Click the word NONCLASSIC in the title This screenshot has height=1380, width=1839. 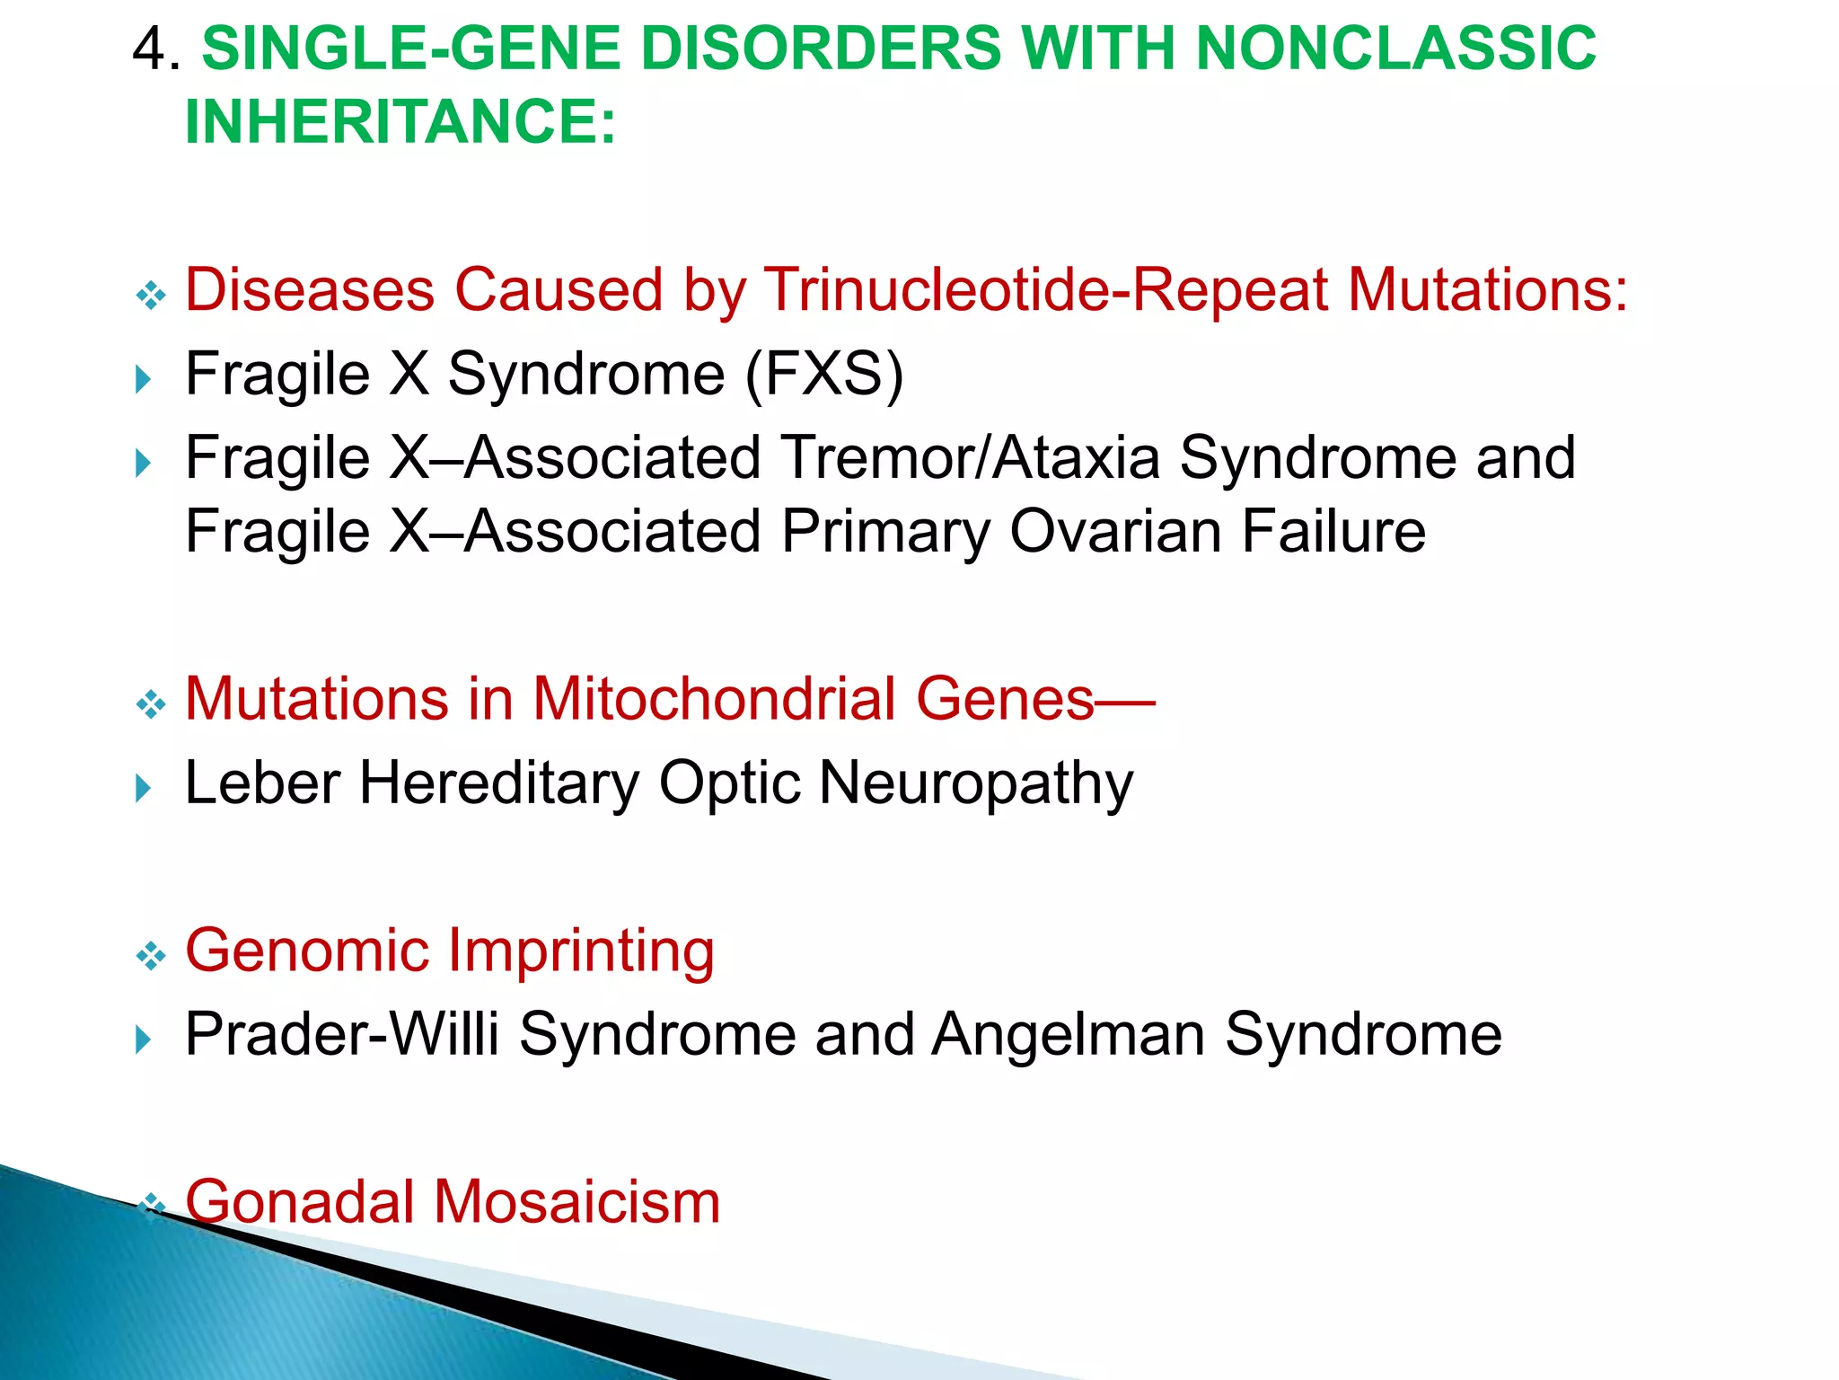coord(1396,49)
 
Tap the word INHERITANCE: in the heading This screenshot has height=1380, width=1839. coord(400,121)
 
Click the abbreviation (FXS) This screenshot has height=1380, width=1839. coord(823,374)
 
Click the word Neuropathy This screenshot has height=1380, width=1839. coord(976,783)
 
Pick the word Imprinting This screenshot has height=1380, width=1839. coord(580,951)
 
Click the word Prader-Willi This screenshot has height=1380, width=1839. coord(341,1034)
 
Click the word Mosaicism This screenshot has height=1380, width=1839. coord(577,1202)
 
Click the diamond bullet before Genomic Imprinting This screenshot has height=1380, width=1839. coord(151,956)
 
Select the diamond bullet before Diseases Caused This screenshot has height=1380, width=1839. coord(151,296)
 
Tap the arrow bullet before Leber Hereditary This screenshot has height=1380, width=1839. coord(143,789)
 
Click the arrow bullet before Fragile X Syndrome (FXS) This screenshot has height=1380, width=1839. coord(143,379)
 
